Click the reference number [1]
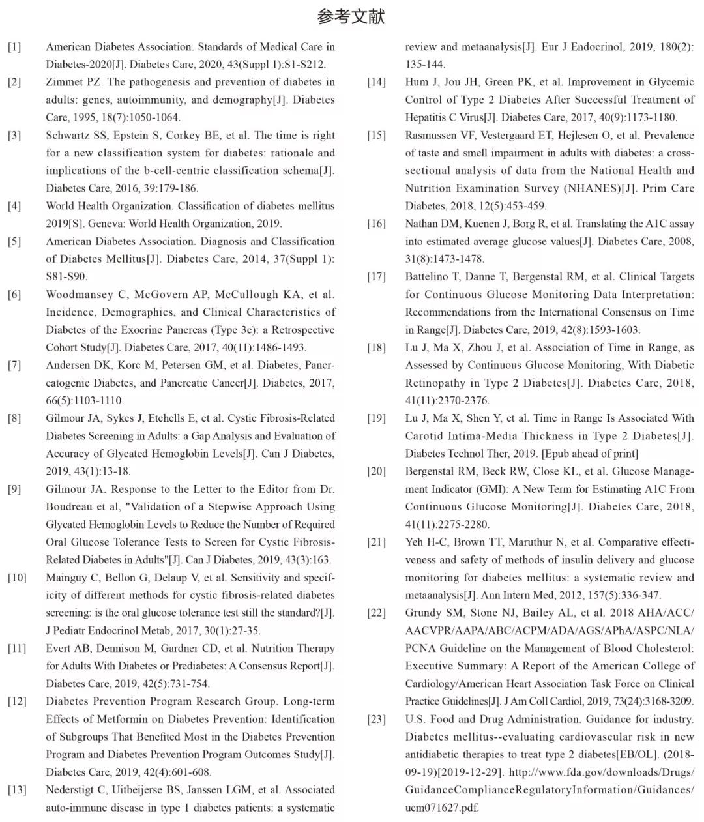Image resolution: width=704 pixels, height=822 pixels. tap(14, 47)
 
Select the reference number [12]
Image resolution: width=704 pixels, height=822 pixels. tap(17, 702)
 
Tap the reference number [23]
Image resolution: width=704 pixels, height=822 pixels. tap(376, 720)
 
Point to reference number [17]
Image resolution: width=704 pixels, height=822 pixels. tap(376, 277)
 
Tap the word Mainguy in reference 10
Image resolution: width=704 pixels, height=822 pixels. tap(68, 578)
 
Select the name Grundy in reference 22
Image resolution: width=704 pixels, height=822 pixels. tap(424, 613)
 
